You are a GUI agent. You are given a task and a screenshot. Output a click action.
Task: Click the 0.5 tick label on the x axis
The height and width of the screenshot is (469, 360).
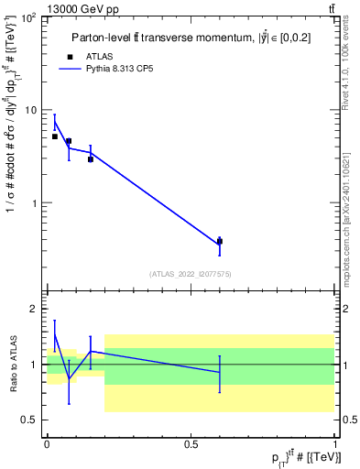(x=191, y=443)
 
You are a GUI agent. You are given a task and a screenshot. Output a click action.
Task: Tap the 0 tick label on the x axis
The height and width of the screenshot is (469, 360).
(x=47, y=443)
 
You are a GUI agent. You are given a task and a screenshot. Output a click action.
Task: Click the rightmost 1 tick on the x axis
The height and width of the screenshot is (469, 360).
(x=334, y=443)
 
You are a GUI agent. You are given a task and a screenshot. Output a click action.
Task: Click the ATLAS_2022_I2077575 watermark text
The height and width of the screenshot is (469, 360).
(x=191, y=273)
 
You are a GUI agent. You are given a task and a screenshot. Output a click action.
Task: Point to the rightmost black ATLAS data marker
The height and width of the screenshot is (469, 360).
(x=220, y=242)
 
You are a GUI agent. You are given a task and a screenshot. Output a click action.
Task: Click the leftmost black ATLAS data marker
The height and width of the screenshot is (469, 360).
(x=55, y=136)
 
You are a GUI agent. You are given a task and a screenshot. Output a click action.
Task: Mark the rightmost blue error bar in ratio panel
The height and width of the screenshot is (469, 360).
(x=220, y=373)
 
